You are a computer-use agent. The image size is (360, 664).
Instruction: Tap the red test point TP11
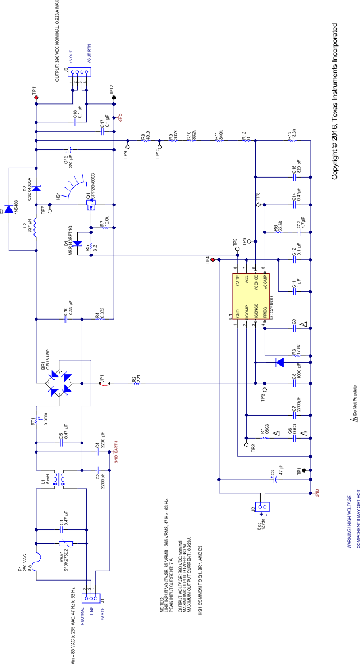tap(36, 98)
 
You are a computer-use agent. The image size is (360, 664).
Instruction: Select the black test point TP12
tap(114, 98)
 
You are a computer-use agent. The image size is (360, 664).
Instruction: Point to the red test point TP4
tap(212, 260)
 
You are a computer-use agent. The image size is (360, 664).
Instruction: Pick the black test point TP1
tap(304, 471)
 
